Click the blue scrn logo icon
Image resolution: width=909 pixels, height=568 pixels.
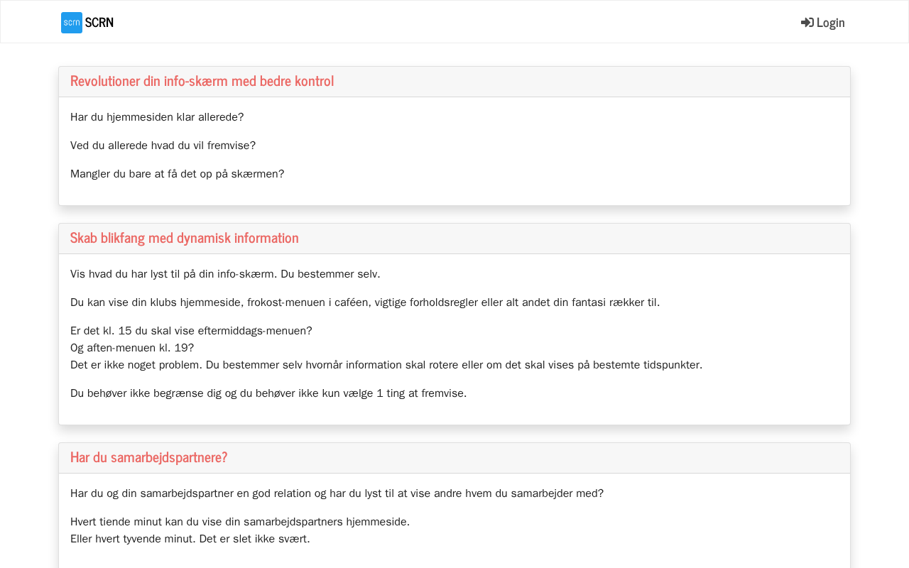(71, 23)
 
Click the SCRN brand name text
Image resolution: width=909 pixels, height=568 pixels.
(99, 23)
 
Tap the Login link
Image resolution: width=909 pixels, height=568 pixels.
(830, 23)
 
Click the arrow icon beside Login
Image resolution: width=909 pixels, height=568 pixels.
(807, 23)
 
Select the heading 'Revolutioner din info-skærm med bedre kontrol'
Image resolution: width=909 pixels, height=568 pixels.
(202, 81)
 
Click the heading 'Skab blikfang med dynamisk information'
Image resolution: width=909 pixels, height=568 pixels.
(184, 238)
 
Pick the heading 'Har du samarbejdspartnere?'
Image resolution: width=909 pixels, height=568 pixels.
(148, 457)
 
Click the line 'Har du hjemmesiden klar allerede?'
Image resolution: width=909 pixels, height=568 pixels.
(157, 117)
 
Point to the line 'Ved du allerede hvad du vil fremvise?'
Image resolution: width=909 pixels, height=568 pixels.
(163, 146)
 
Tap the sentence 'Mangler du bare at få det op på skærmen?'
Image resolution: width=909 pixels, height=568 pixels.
(177, 174)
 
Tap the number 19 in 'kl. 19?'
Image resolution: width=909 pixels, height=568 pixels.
(181, 348)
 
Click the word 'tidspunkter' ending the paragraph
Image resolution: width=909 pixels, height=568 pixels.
(673, 365)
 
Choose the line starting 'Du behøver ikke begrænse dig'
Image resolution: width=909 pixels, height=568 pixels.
(268, 393)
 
